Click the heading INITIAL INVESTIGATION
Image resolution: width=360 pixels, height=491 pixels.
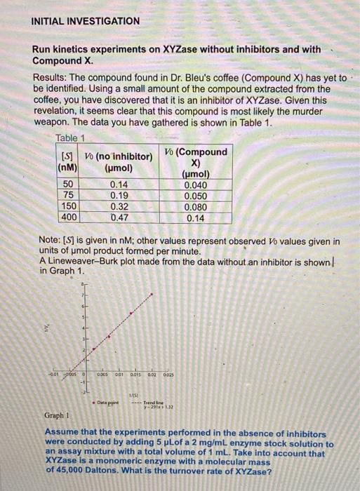coord(86,21)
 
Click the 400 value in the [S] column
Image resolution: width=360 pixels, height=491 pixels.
coord(69,218)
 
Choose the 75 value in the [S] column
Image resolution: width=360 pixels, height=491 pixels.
coord(69,196)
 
